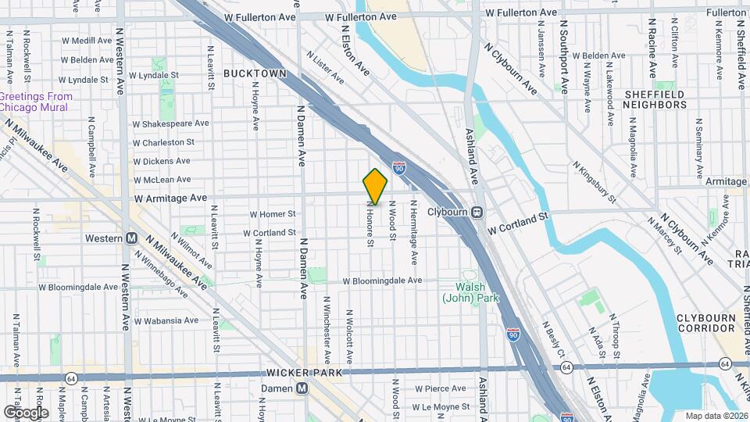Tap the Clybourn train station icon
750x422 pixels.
click(x=477, y=211)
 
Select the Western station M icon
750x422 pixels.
click(x=131, y=238)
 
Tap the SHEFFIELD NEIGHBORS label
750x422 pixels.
click(x=655, y=99)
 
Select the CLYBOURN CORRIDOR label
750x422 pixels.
click(x=709, y=324)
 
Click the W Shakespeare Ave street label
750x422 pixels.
click(x=171, y=123)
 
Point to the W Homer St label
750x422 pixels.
click(x=273, y=213)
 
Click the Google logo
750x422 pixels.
click(x=26, y=412)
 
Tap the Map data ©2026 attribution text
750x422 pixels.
click(x=716, y=416)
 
